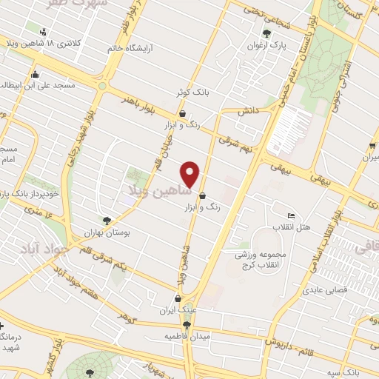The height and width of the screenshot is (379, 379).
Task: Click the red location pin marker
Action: [x=191, y=173]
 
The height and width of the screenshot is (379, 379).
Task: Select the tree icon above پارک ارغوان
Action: [x=266, y=33]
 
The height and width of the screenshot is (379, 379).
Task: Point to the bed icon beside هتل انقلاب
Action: [x=291, y=215]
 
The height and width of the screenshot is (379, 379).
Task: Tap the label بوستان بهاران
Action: [x=107, y=232]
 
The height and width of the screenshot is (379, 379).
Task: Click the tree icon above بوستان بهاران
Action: [x=107, y=220]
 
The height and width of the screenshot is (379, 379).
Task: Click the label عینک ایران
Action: [x=177, y=309]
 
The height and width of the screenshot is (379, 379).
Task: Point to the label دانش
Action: [x=246, y=110]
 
